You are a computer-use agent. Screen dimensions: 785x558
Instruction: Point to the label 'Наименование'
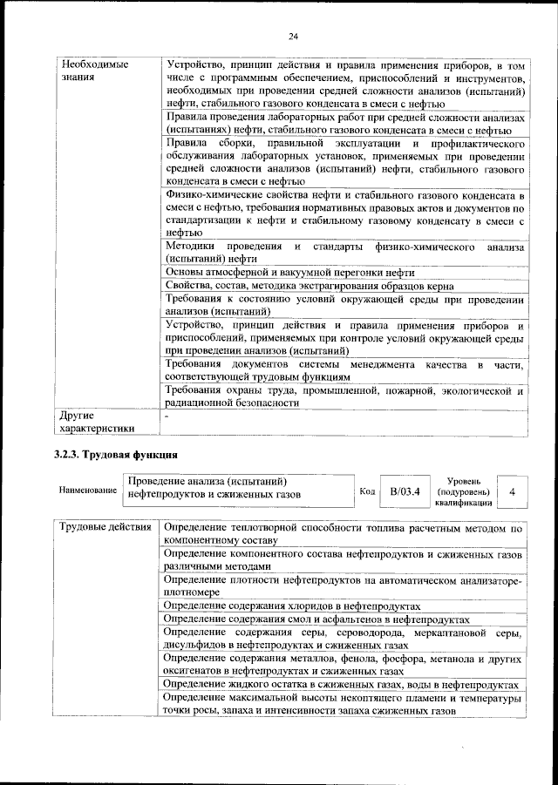(88, 491)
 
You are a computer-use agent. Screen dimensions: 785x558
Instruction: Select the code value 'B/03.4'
(405, 491)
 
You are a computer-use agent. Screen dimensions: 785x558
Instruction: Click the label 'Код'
(368, 491)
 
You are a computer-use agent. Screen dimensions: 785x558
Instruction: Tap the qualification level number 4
(512, 491)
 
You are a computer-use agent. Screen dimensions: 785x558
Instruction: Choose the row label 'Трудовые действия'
(105, 529)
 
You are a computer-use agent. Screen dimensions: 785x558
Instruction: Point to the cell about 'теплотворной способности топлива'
(343, 534)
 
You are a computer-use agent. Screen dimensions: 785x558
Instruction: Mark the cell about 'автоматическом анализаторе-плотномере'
(343, 585)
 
